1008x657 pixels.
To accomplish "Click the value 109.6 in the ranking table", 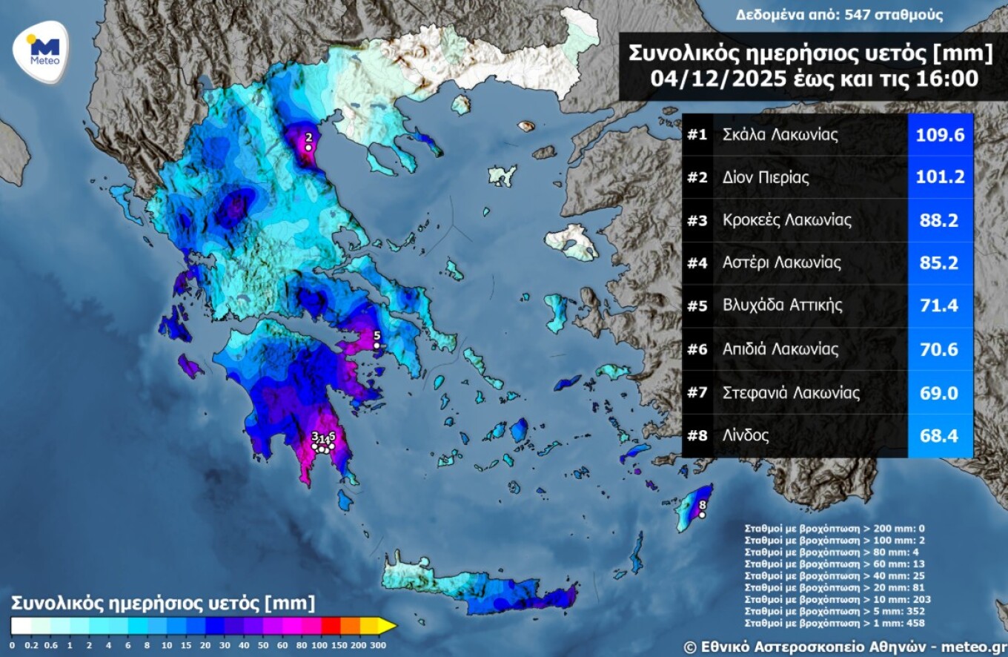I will click(940, 135).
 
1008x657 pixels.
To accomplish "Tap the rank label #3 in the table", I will click(697, 221).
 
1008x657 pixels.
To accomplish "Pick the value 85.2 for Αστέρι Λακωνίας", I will click(940, 263).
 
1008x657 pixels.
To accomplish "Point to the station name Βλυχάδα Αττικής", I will click(783, 306).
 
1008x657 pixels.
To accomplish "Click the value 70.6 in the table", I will click(940, 349).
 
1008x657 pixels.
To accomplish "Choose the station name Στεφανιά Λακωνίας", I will click(791, 392).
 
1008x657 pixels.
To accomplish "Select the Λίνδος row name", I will click(746, 435).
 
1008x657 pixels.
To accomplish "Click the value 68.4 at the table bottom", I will click(940, 435).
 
